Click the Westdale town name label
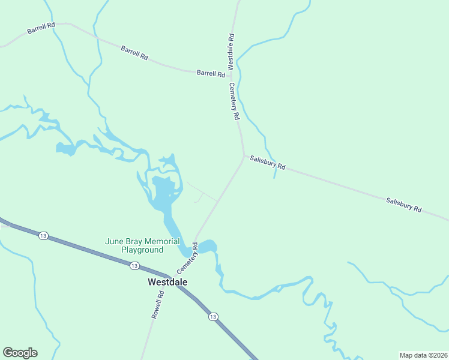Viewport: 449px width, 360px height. [168, 281]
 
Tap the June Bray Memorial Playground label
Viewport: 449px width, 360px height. [142, 245]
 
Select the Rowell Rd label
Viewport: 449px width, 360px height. [158, 304]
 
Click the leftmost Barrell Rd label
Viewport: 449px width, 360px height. [41, 29]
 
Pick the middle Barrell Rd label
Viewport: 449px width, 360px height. [134, 52]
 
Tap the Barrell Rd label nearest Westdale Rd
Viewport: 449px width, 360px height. [211, 73]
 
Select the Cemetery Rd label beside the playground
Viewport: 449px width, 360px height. [187, 259]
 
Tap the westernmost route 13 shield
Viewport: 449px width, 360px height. [43, 236]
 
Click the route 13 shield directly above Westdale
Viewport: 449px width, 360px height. [134, 266]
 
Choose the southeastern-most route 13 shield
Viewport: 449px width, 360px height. [213, 316]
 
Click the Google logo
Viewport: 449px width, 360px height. [20, 353]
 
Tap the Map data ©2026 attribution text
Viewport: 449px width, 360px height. [423, 355]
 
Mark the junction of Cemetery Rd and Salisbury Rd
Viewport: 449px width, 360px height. [244, 157]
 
